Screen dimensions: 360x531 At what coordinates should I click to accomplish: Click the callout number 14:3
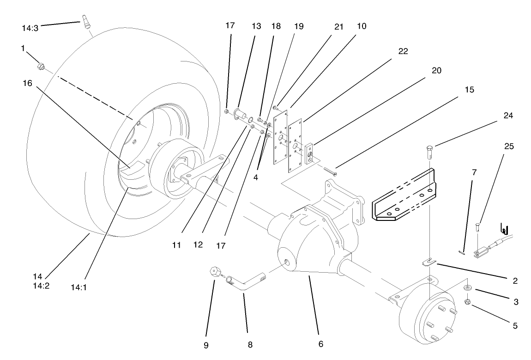30,27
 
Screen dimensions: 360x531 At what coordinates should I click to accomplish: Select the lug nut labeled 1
40,68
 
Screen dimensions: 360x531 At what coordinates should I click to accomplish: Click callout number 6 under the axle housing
320,344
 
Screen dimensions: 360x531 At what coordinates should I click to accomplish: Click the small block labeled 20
310,153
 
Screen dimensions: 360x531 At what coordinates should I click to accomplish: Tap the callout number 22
403,51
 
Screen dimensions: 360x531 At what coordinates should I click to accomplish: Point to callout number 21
339,26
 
